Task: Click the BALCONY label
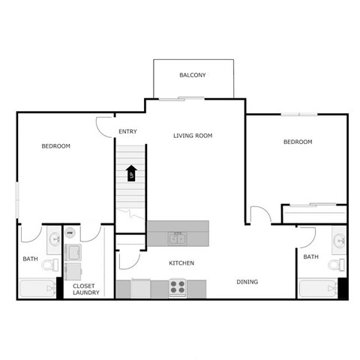click(x=193, y=75)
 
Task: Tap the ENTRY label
click(x=127, y=133)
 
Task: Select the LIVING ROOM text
click(x=193, y=136)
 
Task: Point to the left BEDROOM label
click(x=55, y=146)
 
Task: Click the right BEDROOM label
click(x=297, y=142)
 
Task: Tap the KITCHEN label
click(x=181, y=263)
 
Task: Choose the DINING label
click(x=247, y=282)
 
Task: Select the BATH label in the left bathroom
click(x=30, y=259)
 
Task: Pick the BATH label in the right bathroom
click(x=310, y=257)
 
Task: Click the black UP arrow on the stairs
click(x=131, y=173)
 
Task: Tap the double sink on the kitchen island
click(x=178, y=238)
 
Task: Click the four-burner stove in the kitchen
click(x=178, y=287)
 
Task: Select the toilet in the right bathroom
click(x=339, y=263)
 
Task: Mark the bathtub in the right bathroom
click(x=317, y=289)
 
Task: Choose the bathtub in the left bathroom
click(x=36, y=289)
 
